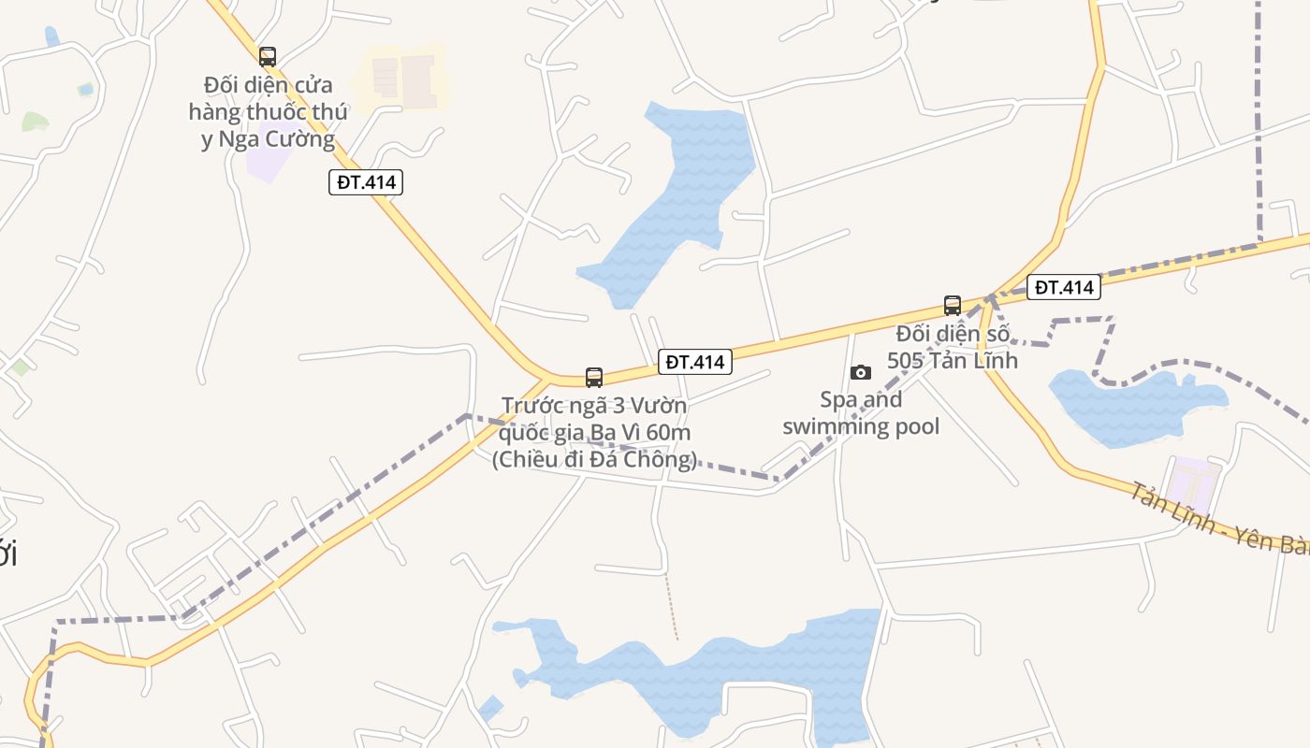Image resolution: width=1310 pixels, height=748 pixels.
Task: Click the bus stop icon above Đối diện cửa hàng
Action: (x=268, y=56)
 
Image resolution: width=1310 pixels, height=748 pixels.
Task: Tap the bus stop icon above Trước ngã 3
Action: (x=594, y=378)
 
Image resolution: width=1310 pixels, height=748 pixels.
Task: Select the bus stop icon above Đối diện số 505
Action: (x=953, y=305)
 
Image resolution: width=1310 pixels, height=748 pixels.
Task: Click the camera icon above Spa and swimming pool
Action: (x=861, y=373)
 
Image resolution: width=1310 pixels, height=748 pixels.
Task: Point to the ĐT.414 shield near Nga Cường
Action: (x=366, y=182)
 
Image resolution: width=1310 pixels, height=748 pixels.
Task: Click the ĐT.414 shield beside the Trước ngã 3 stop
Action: (x=694, y=362)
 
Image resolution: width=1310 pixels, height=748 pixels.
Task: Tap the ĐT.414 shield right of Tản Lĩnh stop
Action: (x=1065, y=287)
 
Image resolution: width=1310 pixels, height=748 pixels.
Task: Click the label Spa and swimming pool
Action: (x=861, y=413)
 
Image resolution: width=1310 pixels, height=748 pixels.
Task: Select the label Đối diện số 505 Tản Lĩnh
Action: (x=952, y=347)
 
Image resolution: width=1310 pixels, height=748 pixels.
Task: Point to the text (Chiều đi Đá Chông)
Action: (x=594, y=459)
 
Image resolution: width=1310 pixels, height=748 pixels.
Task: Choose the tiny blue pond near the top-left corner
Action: (x=51, y=36)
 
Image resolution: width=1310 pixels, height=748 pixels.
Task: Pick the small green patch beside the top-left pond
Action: (x=35, y=121)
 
